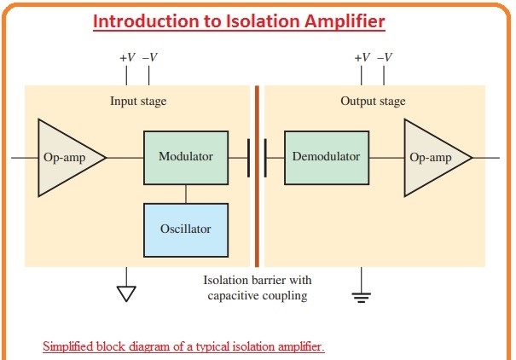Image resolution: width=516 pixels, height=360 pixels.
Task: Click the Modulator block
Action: point(186,158)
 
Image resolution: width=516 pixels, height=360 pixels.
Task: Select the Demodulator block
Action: point(326,158)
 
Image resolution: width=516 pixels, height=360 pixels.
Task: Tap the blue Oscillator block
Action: point(186,229)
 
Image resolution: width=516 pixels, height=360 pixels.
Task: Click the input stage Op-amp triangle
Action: point(64,158)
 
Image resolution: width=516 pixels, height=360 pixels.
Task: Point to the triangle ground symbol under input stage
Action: point(126,293)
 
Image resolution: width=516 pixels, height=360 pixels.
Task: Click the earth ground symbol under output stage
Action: point(362,296)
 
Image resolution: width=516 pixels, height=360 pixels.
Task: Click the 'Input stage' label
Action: point(138,102)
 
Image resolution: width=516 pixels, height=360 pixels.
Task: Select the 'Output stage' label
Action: point(374,102)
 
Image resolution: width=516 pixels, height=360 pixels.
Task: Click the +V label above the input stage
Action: point(127,58)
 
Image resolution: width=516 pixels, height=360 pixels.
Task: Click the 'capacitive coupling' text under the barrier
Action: point(258,295)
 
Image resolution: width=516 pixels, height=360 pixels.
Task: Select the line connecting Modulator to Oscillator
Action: point(186,193)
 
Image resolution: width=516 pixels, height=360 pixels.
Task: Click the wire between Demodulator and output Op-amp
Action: point(386,158)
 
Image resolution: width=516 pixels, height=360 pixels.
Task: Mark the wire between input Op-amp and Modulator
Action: point(125,158)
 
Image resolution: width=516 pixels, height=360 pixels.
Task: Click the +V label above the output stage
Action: point(362,58)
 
